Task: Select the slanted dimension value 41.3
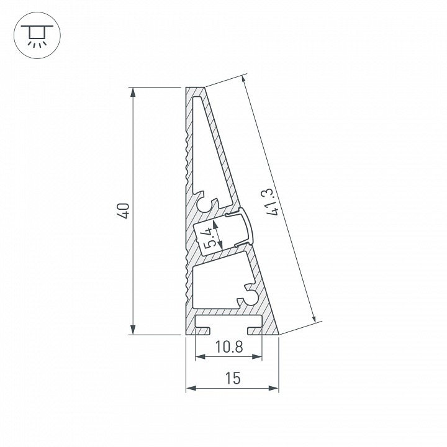click(x=271, y=204)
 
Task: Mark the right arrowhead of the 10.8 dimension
click(x=256, y=357)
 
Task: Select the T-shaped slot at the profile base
click(x=228, y=322)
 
